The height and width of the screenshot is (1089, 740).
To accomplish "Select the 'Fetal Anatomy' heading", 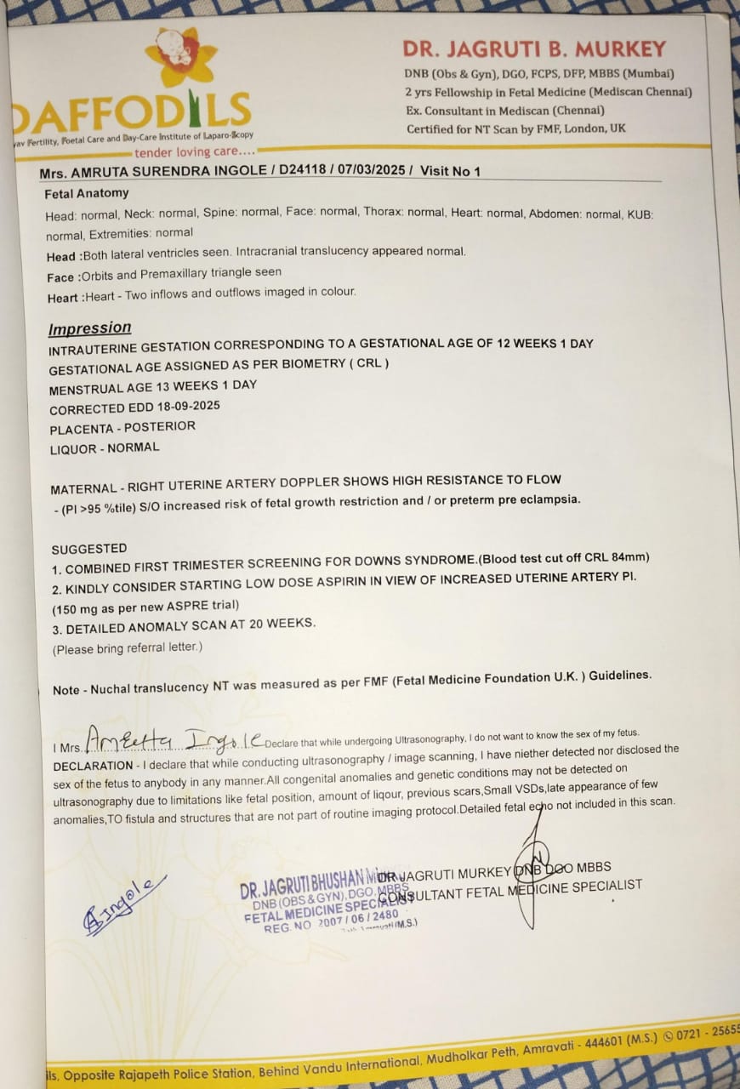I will point(86,193).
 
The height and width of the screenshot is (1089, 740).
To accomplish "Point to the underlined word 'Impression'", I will point(89,328).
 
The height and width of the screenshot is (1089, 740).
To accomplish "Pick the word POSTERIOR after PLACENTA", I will point(159,426).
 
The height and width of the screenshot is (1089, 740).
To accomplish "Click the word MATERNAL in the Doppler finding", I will point(83,489).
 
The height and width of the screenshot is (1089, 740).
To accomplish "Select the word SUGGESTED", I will point(88,549).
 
